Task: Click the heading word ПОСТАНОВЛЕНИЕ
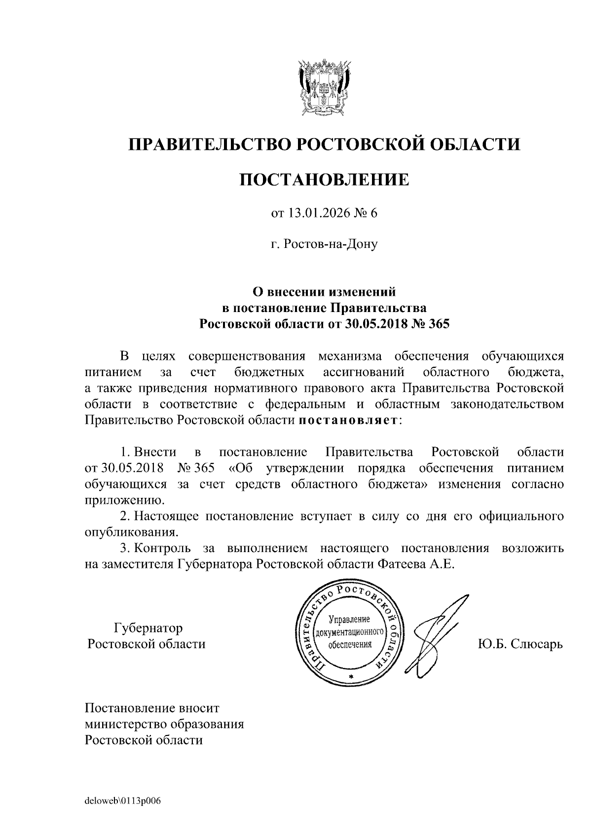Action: (324, 179)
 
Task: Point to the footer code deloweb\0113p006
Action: (123, 801)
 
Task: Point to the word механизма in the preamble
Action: (349, 356)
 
